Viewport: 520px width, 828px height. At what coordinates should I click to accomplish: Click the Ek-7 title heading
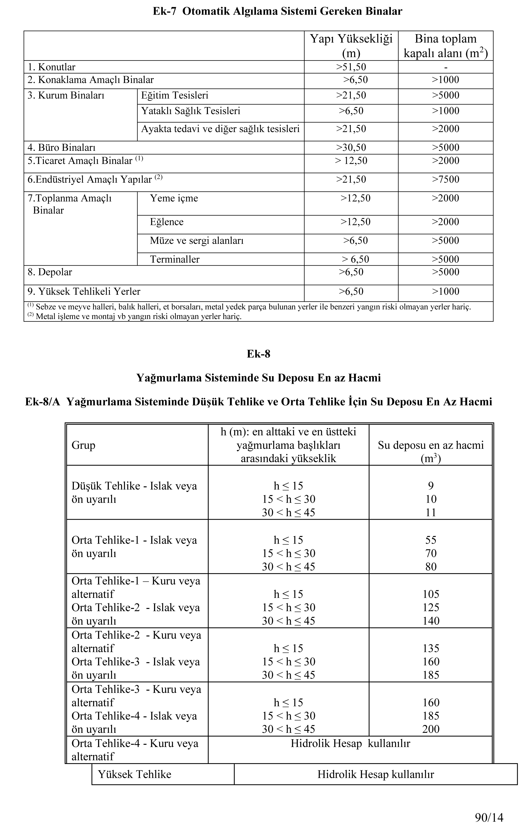pos(277,11)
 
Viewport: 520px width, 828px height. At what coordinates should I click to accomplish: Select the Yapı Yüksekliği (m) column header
pos(351,46)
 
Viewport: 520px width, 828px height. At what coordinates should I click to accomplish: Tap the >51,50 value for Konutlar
pos(351,67)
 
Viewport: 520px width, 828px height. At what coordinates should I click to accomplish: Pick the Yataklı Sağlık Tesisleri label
pos(190,111)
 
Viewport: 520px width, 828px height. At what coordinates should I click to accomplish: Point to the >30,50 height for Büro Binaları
pos(351,147)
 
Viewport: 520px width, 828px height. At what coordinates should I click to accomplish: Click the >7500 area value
pos(445,179)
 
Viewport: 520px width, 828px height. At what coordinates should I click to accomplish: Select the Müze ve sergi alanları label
pos(196,240)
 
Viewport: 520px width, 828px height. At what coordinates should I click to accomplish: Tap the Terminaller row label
pos(175,259)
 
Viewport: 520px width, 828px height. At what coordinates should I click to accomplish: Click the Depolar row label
pos(50,272)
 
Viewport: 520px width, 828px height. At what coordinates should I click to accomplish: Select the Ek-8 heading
pos(258,354)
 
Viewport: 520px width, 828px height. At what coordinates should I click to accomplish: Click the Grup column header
pos(83,445)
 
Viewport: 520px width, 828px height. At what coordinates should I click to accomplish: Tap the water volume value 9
pos(431,486)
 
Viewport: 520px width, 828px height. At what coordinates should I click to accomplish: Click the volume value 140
pos(431,621)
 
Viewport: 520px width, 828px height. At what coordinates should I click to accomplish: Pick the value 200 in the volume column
pos(431,729)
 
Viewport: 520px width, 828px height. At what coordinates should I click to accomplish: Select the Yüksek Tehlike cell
pos(134,774)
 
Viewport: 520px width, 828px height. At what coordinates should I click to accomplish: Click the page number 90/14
pos(489,817)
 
